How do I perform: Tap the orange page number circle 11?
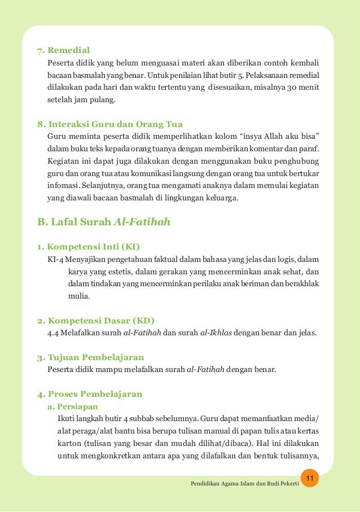coord(309,479)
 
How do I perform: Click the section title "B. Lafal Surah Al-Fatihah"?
coord(104,222)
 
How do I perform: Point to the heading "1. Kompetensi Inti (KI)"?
coord(89,247)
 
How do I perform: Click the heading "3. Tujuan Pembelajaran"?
coord(90,357)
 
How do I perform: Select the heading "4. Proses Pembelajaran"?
coord(90,393)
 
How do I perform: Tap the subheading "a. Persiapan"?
coord(74,406)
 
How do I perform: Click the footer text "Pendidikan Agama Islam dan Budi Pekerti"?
coord(245,485)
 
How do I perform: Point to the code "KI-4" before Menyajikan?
coord(56,259)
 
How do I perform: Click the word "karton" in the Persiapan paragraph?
coord(69,443)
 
